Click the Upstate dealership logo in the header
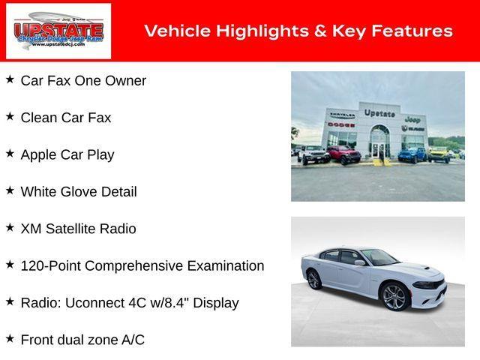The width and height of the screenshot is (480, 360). click(58, 31)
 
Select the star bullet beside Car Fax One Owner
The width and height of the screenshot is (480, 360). click(10, 79)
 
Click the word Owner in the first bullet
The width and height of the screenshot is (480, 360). click(126, 80)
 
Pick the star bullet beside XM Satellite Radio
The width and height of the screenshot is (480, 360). click(10, 227)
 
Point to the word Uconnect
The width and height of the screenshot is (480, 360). click(102, 303)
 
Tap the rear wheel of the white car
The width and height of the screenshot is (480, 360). click(314, 280)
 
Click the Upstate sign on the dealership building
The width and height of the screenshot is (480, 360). click(379, 113)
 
